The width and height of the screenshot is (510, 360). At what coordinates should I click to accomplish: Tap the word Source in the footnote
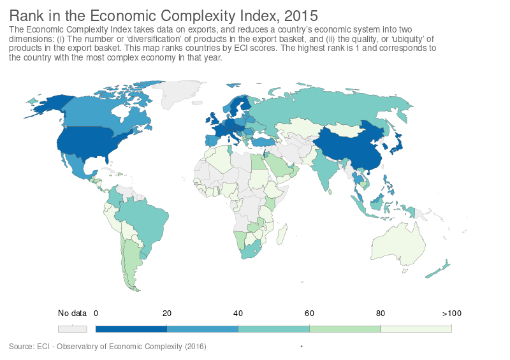[21, 346]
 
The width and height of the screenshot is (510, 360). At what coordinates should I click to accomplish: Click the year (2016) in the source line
[195, 346]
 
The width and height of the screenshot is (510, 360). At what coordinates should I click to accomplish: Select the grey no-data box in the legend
[72, 329]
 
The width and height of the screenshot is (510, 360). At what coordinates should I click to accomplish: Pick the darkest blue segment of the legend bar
[131, 329]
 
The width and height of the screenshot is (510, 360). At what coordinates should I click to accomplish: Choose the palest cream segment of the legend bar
[416, 329]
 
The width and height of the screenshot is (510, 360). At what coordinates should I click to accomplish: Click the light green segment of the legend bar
[344, 329]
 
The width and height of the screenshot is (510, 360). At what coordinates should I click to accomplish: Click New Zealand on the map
[440, 271]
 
